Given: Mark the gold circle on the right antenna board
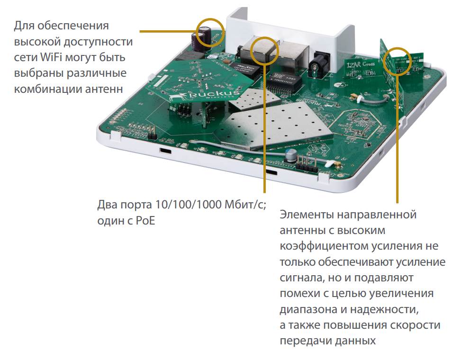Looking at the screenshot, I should point(396,61).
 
